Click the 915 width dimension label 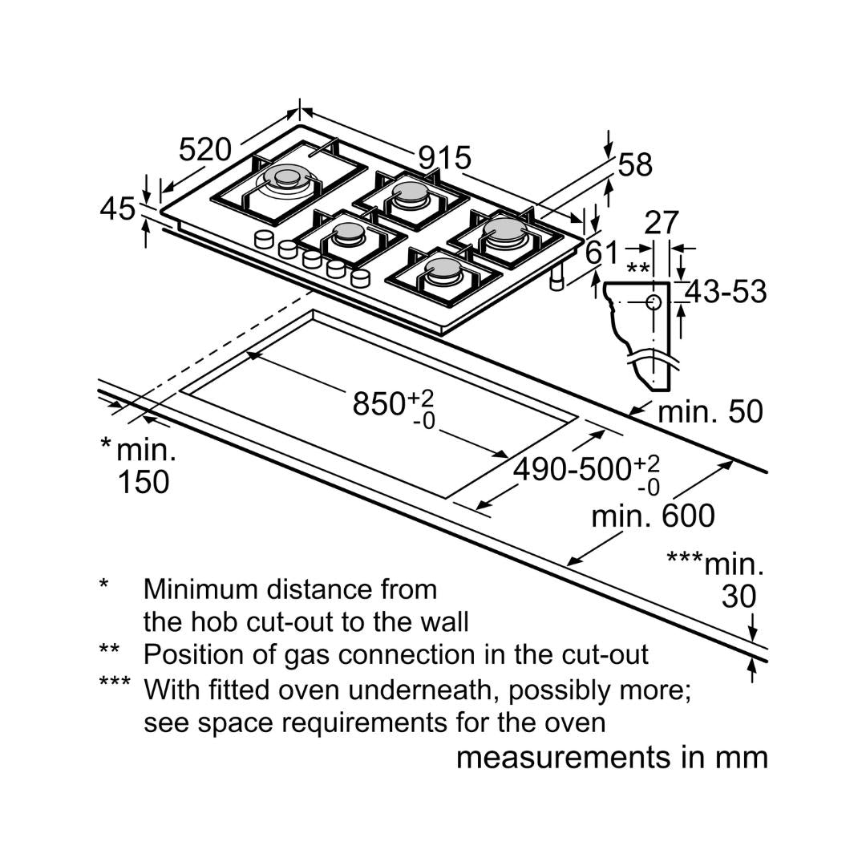pyautogui.click(x=444, y=158)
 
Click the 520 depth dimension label pyautogui.click(x=204, y=149)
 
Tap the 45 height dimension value pyautogui.click(x=118, y=209)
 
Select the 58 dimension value pyautogui.click(x=635, y=165)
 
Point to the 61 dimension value pyautogui.click(x=602, y=253)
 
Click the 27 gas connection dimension pyautogui.click(x=662, y=223)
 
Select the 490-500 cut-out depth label pyautogui.click(x=572, y=470)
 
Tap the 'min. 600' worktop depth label pyautogui.click(x=652, y=516)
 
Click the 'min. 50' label pyautogui.click(x=710, y=412)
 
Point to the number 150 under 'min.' pyautogui.click(x=144, y=483)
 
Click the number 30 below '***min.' pyautogui.click(x=739, y=597)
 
